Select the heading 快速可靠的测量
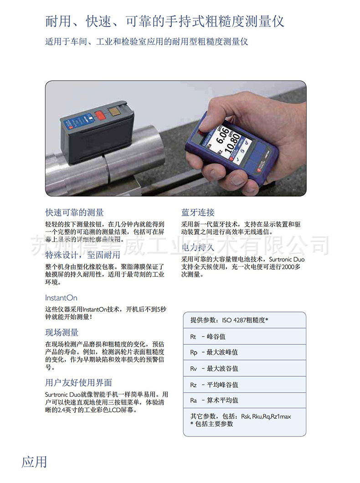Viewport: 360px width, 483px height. (x=74, y=213)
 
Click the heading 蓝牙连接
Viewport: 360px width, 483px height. (x=198, y=213)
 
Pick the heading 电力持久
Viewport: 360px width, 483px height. (x=198, y=248)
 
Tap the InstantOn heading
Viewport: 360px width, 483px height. (x=61, y=298)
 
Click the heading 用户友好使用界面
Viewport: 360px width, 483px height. (x=78, y=382)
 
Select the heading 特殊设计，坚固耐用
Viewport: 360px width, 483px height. (x=82, y=254)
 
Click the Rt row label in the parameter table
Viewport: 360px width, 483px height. (x=193, y=337)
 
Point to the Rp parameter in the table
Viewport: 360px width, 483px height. (x=193, y=353)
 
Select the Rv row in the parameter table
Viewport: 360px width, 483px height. (x=193, y=369)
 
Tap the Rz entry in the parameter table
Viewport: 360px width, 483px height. (x=193, y=384)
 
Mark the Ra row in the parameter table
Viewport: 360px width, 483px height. (x=193, y=400)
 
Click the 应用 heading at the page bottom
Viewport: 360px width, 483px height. (x=34, y=462)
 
